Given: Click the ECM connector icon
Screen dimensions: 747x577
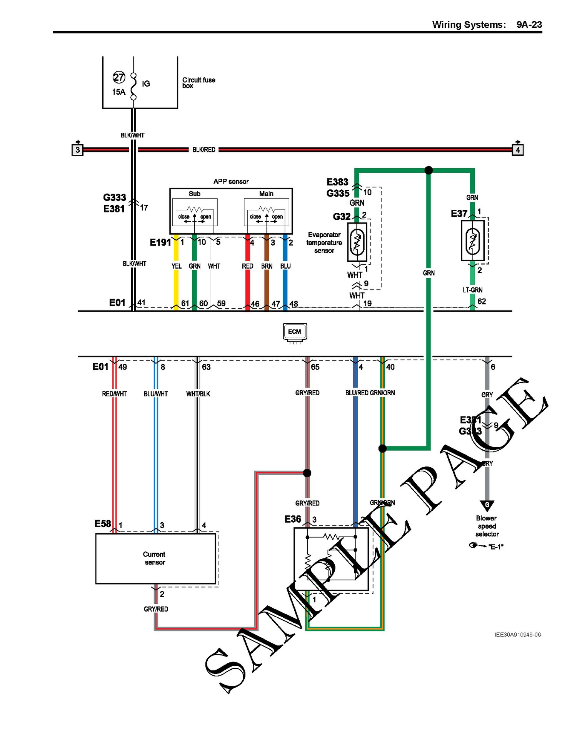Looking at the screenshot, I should (x=295, y=332).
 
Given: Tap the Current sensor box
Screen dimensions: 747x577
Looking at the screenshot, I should (x=155, y=558).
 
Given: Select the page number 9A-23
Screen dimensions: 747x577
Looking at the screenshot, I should (x=529, y=25).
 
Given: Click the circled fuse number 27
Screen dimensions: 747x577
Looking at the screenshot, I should (x=119, y=77).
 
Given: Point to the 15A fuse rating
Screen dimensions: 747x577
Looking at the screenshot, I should (x=119, y=92).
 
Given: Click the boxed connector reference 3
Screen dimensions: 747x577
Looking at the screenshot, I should (x=78, y=150).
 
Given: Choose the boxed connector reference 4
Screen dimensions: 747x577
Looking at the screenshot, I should (x=518, y=150).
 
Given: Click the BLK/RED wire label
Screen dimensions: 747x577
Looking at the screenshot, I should (x=204, y=150).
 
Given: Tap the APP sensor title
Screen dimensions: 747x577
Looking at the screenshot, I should (x=231, y=182).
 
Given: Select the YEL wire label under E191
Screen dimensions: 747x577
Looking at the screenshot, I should (x=177, y=266).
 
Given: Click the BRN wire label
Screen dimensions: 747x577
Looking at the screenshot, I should (x=267, y=266).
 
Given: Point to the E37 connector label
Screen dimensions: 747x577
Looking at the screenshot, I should (x=459, y=214).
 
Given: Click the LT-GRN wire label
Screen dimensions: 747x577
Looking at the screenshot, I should (x=472, y=290).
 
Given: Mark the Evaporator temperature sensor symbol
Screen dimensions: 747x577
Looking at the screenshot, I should (x=357, y=242).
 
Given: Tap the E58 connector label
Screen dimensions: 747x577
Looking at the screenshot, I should (x=103, y=524).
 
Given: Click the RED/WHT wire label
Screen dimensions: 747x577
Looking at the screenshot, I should (x=114, y=394).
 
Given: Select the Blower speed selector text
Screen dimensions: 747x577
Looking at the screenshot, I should (x=487, y=526).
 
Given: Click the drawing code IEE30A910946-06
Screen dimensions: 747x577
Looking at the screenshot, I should (x=518, y=635).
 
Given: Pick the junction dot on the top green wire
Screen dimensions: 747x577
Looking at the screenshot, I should (x=429, y=170).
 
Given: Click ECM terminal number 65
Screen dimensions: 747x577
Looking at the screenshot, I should (x=315, y=367).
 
